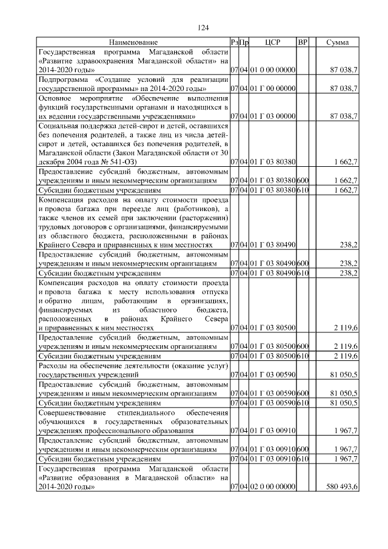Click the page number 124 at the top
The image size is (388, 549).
(x=203, y=28)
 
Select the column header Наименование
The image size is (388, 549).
(x=132, y=43)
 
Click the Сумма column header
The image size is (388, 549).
(x=337, y=43)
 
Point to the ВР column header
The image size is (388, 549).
(x=303, y=43)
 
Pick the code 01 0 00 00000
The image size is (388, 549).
(x=272, y=71)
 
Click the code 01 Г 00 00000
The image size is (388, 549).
(x=272, y=89)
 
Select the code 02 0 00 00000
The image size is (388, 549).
(x=272, y=487)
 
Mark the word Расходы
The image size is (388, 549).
(x=53, y=367)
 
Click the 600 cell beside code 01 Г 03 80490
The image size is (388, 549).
(x=303, y=263)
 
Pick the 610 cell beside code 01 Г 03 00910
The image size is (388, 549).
(x=303, y=460)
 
